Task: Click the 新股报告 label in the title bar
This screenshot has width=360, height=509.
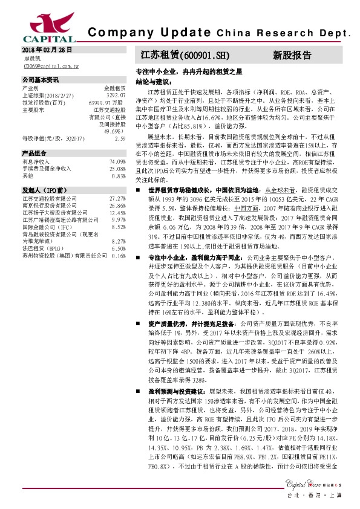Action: [292, 55]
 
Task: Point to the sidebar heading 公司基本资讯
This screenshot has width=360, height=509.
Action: [41, 80]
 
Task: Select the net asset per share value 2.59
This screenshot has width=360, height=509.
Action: [120, 138]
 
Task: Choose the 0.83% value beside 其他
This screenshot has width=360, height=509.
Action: [119, 176]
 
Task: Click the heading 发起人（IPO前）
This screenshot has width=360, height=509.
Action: [43, 190]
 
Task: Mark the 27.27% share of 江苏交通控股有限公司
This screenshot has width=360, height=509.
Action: [117, 198]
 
